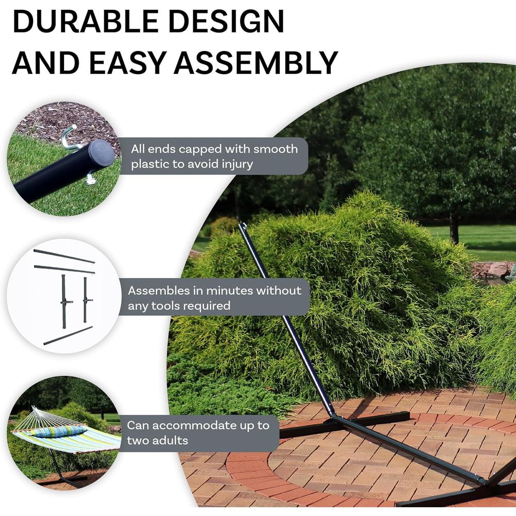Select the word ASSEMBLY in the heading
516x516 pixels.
(x=256, y=62)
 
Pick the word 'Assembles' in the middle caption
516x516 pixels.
(x=158, y=291)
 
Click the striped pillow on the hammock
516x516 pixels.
(x=59, y=431)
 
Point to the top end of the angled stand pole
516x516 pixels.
(x=243, y=225)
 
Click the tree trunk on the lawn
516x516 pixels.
(x=455, y=227)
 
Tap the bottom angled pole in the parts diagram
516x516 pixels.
(x=68, y=336)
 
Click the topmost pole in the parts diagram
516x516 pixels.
(x=64, y=256)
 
